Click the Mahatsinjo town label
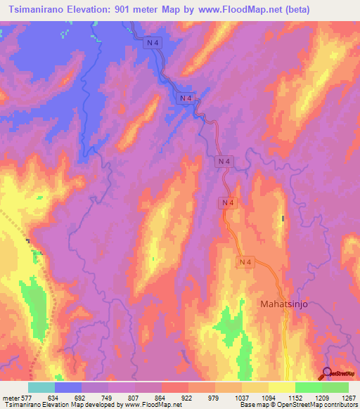pyautogui.click(x=285, y=304)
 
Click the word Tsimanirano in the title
pyautogui.click(x=36, y=9)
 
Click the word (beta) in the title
pyautogui.click(x=294, y=9)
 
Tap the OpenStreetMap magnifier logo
pyautogui.click(x=328, y=373)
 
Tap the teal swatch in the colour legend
pyautogui.click(x=41, y=387)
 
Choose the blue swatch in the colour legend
pyautogui.click(x=68, y=387)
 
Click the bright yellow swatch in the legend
pyautogui.click(x=282, y=387)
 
